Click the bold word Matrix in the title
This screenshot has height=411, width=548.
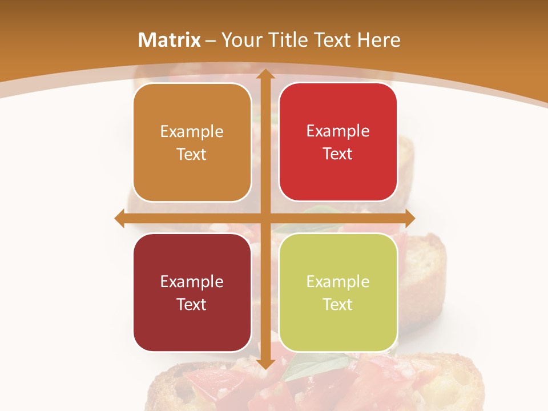(x=170, y=40)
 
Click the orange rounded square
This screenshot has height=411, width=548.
(x=192, y=143)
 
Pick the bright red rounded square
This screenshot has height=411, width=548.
(x=338, y=142)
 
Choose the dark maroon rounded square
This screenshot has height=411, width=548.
(x=192, y=293)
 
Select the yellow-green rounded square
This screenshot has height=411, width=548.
(x=338, y=293)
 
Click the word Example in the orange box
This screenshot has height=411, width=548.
(x=192, y=132)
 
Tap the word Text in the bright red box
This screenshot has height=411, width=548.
(x=338, y=154)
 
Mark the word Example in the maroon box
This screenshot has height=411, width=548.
(x=192, y=281)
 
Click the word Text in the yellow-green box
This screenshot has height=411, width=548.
(x=338, y=304)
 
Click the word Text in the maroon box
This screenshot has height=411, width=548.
(x=192, y=304)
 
